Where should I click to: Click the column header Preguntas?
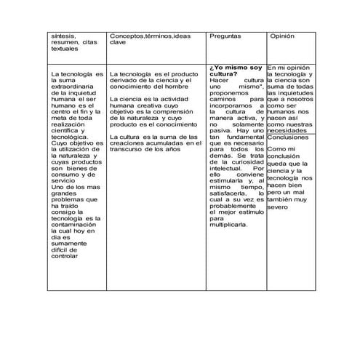pyautogui.click(x=225, y=36)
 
